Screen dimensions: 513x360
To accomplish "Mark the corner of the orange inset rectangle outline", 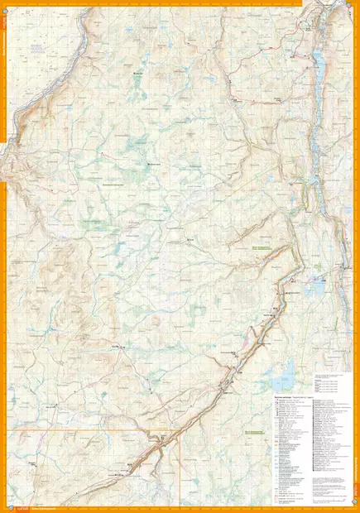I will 180,429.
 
